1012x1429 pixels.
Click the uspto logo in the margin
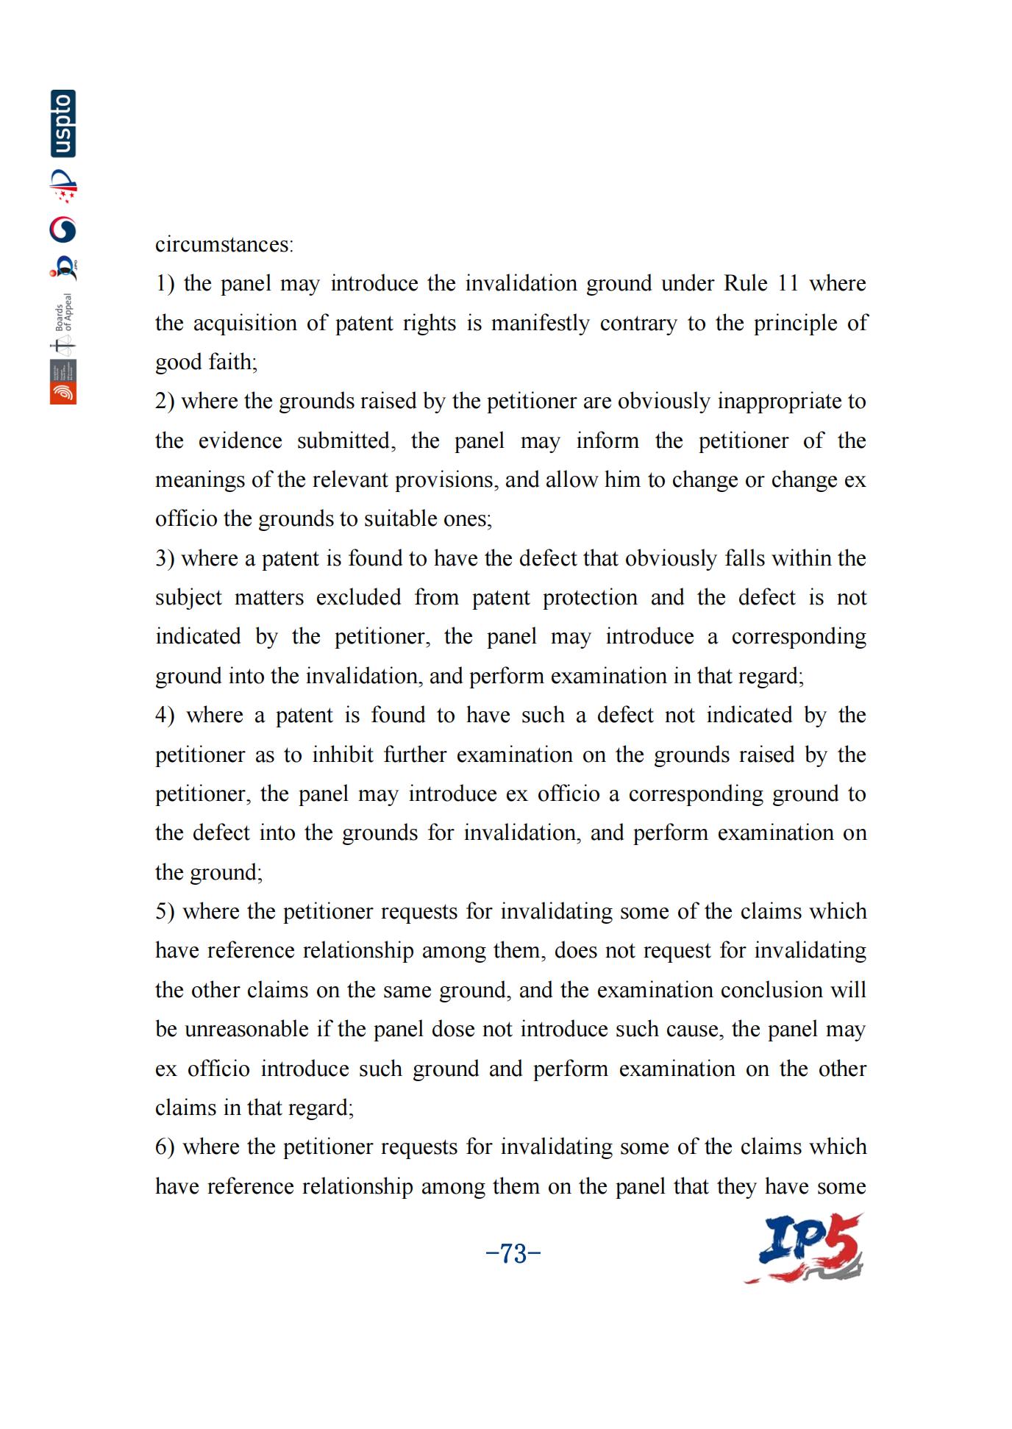tap(63, 124)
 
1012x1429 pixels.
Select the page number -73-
tap(513, 1253)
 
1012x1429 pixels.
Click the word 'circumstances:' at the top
tap(224, 244)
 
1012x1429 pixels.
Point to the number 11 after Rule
tap(788, 283)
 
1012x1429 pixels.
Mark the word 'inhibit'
tap(343, 755)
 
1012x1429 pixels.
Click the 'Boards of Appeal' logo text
tap(64, 312)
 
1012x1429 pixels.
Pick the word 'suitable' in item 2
tap(399, 518)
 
